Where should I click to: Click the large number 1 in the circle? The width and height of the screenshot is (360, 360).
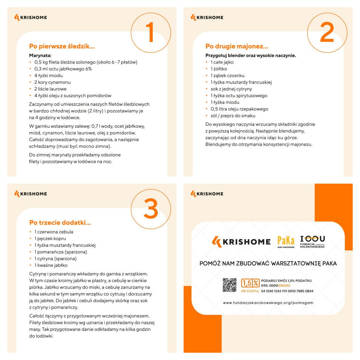pyautogui.click(x=150, y=32)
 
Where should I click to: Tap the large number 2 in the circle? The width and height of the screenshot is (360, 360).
pyautogui.click(x=327, y=32)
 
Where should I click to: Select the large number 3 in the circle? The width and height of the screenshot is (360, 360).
pyautogui.click(x=150, y=209)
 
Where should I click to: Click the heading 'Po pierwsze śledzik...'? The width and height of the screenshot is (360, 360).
pyautogui.click(x=62, y=46)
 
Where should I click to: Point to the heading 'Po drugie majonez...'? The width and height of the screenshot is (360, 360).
pyautogui.click(x=237, y=46)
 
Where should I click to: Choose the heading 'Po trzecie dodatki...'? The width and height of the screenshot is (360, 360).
pyautogui.click(x=60, y=223)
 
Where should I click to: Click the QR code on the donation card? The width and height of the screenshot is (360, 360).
pyautogui.click(x=230, y=285)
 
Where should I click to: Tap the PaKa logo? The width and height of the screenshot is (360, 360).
pyautogui.click(x=286, y=242)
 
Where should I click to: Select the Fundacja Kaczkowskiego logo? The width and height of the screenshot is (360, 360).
pyautogui.click(x=312, y=242)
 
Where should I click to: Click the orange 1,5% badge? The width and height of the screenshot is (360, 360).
pyautogui.click(x=250, y=283)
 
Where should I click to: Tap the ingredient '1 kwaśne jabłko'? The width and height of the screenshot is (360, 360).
pyautogui.click(x=51, y=265)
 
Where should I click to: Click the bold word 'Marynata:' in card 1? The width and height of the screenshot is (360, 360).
pyautogui.click(x=42, y=55)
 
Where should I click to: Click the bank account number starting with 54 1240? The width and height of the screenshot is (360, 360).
pyautogui.click(x=287, y=291)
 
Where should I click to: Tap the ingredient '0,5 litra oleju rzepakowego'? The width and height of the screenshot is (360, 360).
pyautogui.click(x=239, y=109)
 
